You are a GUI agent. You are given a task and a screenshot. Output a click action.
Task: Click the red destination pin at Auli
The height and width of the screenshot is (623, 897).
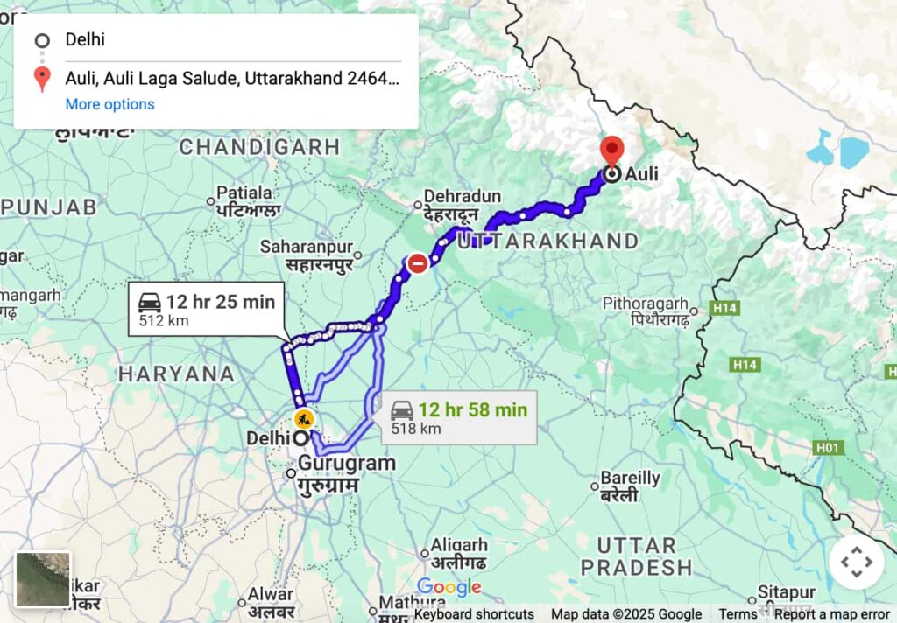(x=611, y=150)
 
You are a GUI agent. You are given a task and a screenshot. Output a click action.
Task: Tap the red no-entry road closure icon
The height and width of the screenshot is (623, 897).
(x=419, y=262)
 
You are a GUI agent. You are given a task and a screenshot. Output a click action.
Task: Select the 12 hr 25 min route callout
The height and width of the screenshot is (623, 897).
(x=207, y=310)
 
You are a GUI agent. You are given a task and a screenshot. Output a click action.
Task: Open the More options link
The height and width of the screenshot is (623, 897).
(x=109, y=104)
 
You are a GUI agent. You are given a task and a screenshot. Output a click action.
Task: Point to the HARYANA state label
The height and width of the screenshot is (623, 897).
(x=176, y=374)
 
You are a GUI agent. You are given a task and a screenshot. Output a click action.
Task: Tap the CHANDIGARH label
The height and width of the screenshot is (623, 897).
(x=258, y=147)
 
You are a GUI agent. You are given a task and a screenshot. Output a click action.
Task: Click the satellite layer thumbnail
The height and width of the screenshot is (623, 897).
(x=43, y=579)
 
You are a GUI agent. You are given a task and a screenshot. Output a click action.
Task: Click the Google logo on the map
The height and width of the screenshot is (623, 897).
(x=448, y=587)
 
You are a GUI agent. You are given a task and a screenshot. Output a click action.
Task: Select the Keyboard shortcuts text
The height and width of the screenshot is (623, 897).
(x=474, y=614)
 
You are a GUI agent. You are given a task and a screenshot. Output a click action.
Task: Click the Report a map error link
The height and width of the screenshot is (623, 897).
(x=831, y=614)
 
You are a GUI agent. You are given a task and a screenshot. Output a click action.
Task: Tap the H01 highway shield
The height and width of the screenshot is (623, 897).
(x=828, y=448)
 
